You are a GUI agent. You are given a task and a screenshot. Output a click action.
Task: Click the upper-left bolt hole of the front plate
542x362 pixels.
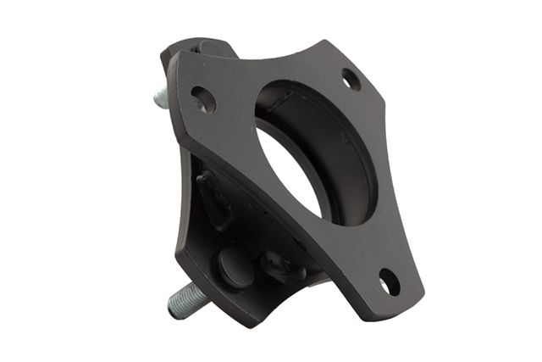[x=203, y=99]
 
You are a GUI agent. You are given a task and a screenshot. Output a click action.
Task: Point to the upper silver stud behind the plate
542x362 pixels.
[x=162, y=97]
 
